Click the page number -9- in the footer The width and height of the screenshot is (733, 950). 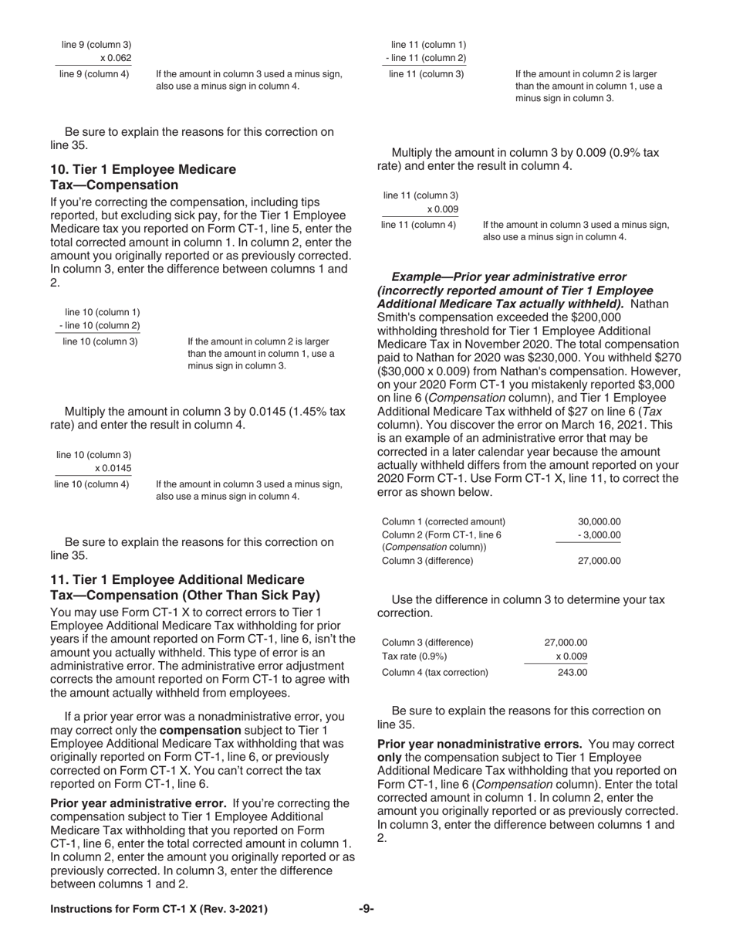coord(366,909)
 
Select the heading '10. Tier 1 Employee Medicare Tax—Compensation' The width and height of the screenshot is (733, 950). coord(144,177)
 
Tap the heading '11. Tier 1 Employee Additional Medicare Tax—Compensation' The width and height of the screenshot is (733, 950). coord(184,587)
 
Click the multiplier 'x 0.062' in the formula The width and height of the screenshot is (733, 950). coord(115,58)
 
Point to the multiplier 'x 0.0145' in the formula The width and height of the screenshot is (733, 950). coord(113,468)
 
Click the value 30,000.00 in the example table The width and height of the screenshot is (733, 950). coord(599,521)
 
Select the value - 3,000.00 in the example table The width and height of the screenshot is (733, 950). coord(598,534)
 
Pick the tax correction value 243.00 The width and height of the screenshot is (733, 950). coord(572,672)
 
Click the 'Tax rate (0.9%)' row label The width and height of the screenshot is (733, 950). coord(414,656)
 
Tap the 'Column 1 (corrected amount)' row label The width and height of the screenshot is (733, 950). coord(444,521)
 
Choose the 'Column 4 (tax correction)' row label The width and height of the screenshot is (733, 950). coord(435,672)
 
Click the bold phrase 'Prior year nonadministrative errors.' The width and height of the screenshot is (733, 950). coord(479,744)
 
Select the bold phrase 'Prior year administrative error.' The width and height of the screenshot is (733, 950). coord(138,802)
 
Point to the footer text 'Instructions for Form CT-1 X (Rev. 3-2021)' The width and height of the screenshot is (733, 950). coord(159,909)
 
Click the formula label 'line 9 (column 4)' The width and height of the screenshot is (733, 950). coord(94,75)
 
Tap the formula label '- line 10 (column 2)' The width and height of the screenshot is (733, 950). coord(100,325)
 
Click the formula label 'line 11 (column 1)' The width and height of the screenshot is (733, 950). coord(428,45)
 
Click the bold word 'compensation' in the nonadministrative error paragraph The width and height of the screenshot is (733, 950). coord(200,730)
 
